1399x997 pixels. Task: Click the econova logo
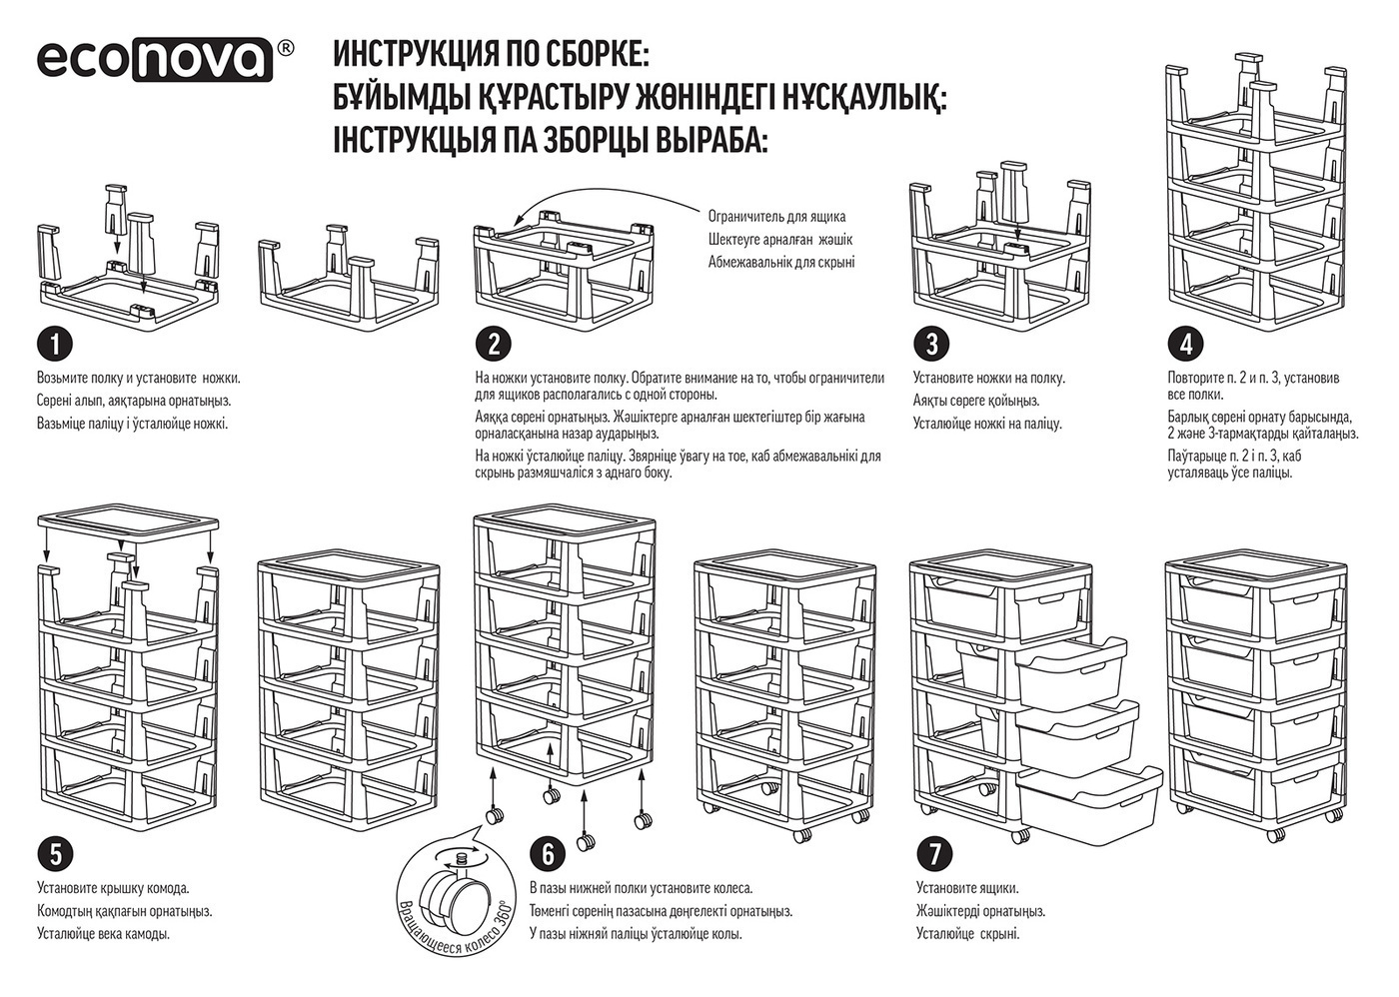(x=155, y=59)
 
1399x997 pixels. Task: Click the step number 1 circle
(x=56, y=345)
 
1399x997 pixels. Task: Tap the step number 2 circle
(x=494, y=345)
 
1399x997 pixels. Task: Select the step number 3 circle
(x=931, y=345)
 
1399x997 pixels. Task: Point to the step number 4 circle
(x=1185, y=345)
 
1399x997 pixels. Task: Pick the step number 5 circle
(x=56, y=854)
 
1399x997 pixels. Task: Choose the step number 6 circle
(x=547, y=854)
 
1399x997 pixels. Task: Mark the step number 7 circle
(x=934, y=854)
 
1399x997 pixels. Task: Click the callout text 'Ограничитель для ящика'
(x=776, y=216)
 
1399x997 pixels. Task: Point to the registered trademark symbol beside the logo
(x=285, y=48)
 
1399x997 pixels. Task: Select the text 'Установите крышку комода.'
(x=113, y=887)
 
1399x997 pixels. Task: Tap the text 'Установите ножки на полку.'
(x=988, y=378)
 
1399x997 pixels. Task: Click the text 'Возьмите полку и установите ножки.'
(x=138, y=378)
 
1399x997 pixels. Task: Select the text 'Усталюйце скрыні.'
(x=967, y=934)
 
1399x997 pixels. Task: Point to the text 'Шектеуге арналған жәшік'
(x=779, y=240)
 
